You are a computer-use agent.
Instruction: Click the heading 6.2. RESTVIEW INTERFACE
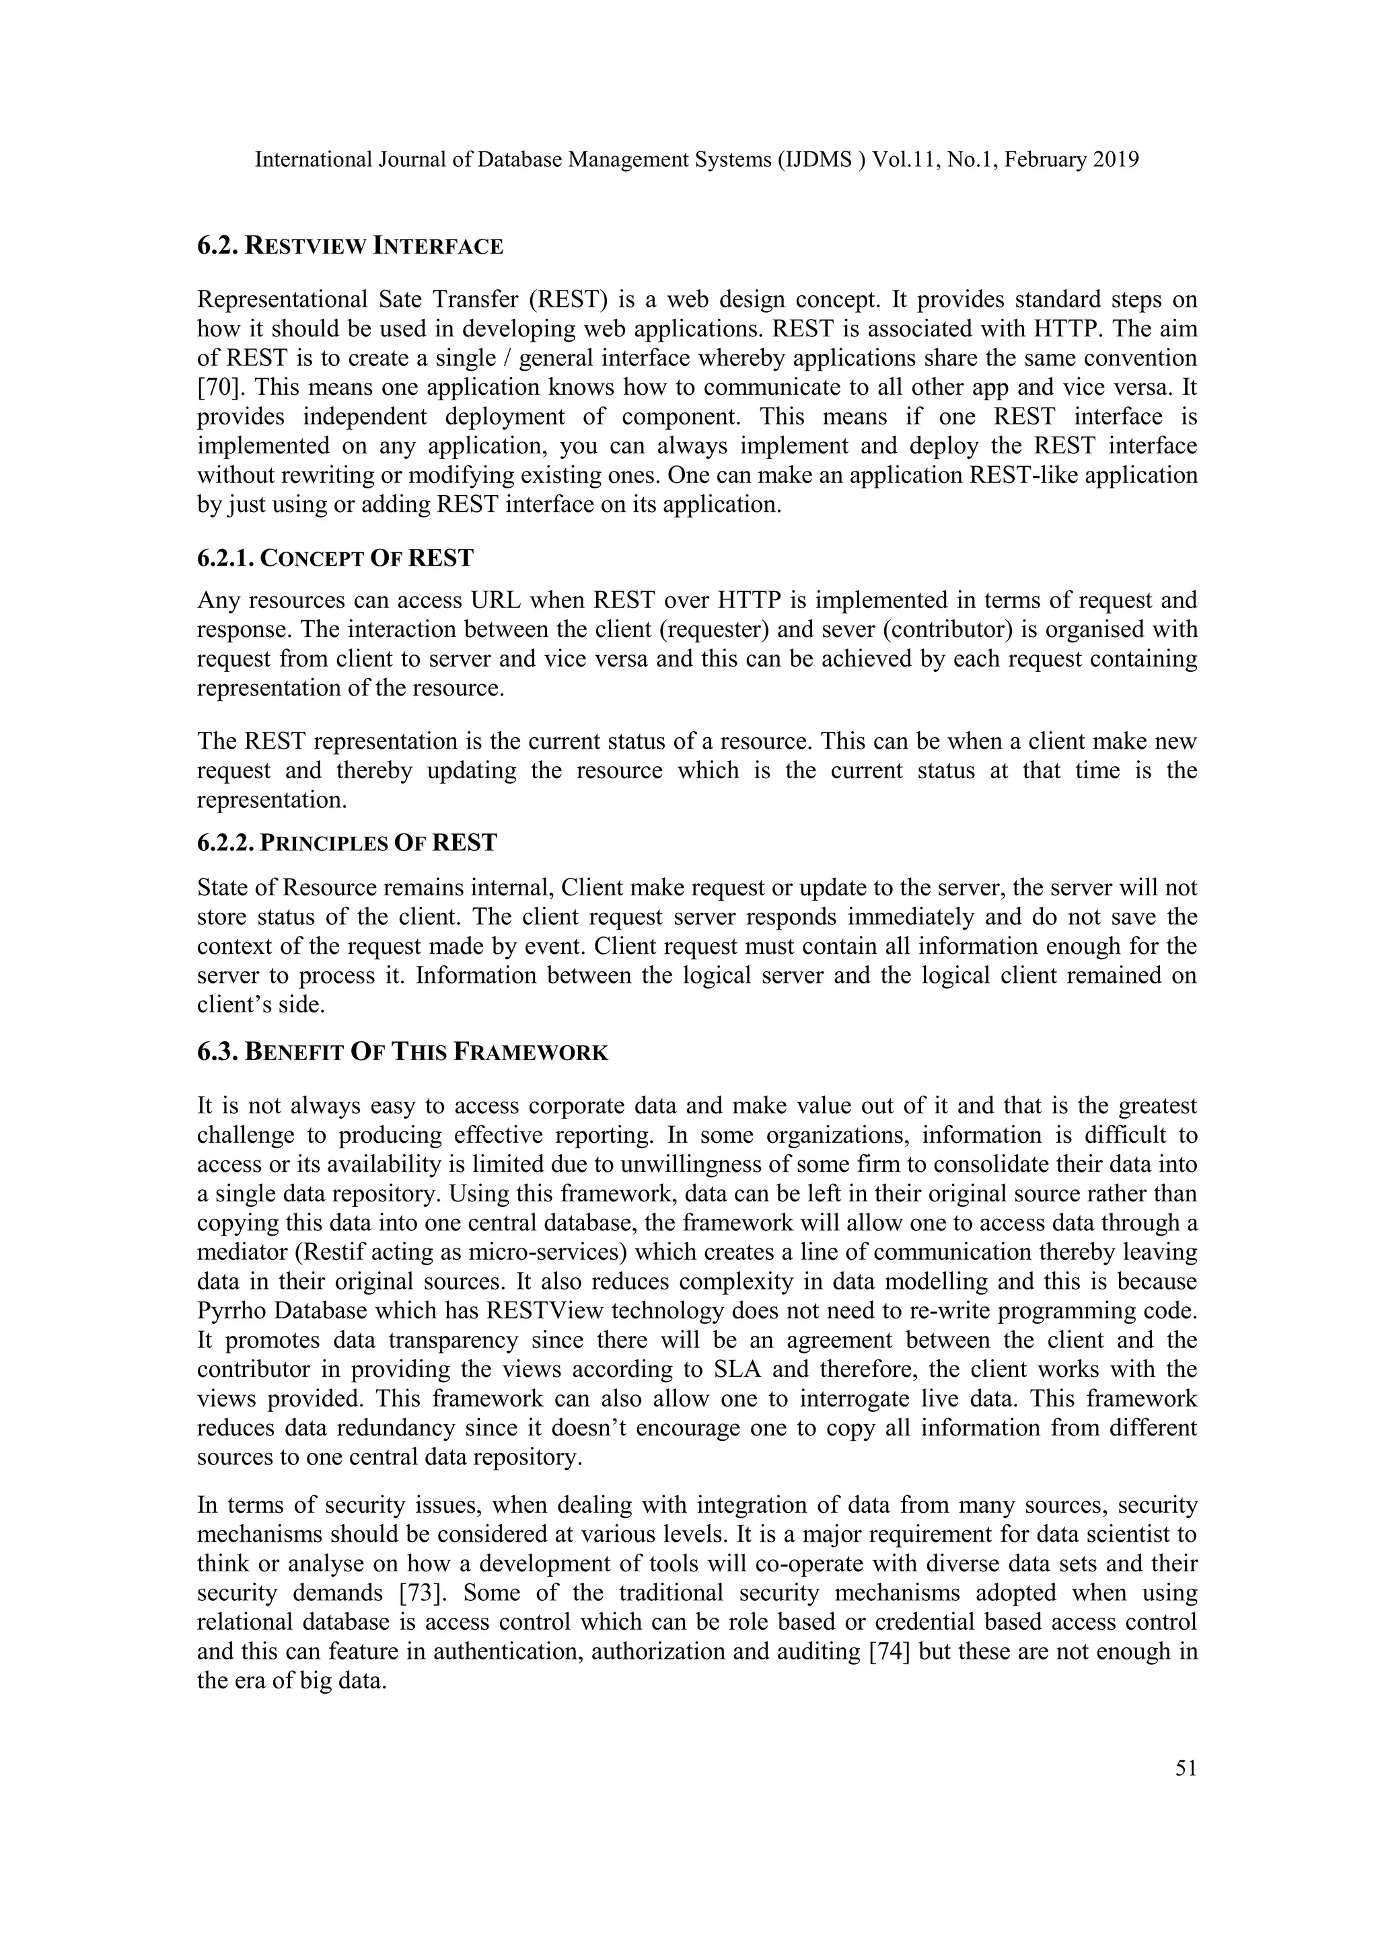coord(350,247)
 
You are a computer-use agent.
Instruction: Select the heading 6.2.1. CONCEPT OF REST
coord(335,558)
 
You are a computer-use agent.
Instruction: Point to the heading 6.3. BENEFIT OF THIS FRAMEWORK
coord(402,1053)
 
